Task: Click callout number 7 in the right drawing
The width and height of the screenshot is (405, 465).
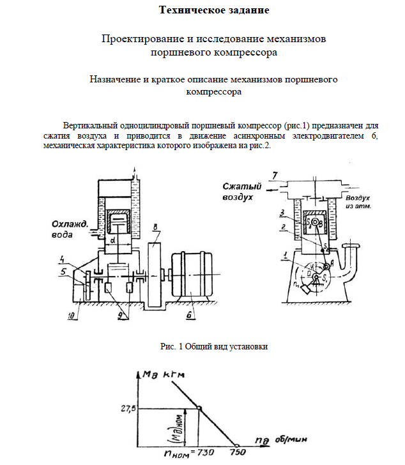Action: pyautogui.click(x=273, y=174)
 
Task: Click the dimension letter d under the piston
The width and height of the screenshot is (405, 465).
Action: pyautogui.click(x=113, y=241)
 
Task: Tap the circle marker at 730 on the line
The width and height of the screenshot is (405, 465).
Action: pyautogui.click(x=199, y=409)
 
